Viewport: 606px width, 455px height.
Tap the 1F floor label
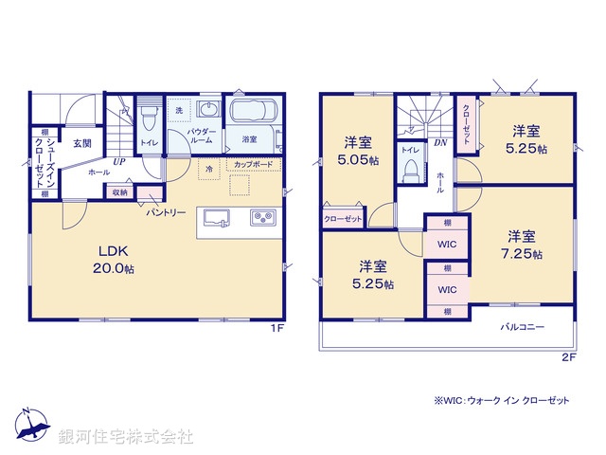point(277,328)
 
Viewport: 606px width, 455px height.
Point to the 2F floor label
point(568,356)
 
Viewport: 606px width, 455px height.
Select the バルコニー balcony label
point(523,326)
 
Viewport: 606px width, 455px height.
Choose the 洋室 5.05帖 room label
point(358,152)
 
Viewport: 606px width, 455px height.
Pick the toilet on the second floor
point(410,169)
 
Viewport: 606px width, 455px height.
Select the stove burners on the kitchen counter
point(262,219)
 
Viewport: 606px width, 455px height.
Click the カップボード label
point(253,165)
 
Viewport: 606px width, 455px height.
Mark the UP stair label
point(118,161)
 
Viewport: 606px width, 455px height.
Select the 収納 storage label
point(119,192)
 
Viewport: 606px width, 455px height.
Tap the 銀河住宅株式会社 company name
point(126,437)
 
